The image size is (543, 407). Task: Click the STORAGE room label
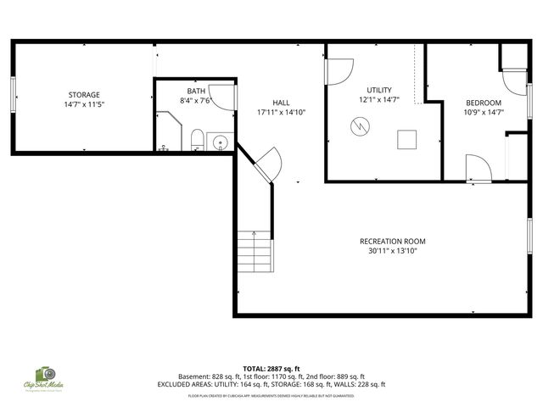click(x=84, y=94)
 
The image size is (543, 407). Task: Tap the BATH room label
click(x=196, y=91)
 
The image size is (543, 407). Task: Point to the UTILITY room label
click(x=378, y=90)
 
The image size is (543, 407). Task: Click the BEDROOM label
click(x=484, y=103)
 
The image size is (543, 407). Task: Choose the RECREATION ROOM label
click(x=392, y=242)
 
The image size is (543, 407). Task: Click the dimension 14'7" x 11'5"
click(x=84, y=104)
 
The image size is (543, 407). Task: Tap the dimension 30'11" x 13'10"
click(x=392, y=252)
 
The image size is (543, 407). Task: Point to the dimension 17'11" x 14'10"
click(x=281, y=112)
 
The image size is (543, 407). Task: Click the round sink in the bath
click(x=219, y=142)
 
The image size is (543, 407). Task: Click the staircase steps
click(x=255, y=251)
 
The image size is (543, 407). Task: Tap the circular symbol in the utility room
click(x=361, y=128)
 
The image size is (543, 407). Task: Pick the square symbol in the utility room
click(x=408, y=138)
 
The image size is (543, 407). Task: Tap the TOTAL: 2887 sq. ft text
click(x=271, y=368)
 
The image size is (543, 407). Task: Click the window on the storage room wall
click(x=13, y=95)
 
